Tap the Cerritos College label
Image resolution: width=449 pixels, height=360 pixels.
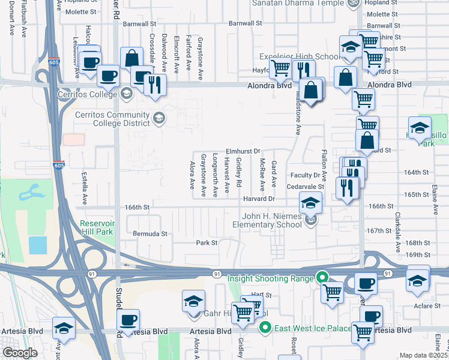(x=87, y=94)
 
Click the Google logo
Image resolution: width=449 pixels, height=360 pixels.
(x=20, y=353)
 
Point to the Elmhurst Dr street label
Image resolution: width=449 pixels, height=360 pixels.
(x=243, y=151)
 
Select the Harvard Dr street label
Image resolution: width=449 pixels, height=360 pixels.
(x=259, y=199)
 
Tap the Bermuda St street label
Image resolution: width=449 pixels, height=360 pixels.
(x=148, y=232)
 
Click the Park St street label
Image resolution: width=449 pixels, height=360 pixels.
(x=206, y=243)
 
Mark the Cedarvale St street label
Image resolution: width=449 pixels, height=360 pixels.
(x=304, y=187)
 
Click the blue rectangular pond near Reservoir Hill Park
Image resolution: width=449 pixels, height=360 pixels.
(x=37, y=245)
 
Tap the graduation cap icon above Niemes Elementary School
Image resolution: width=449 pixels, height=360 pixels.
(x=310, y=203)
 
